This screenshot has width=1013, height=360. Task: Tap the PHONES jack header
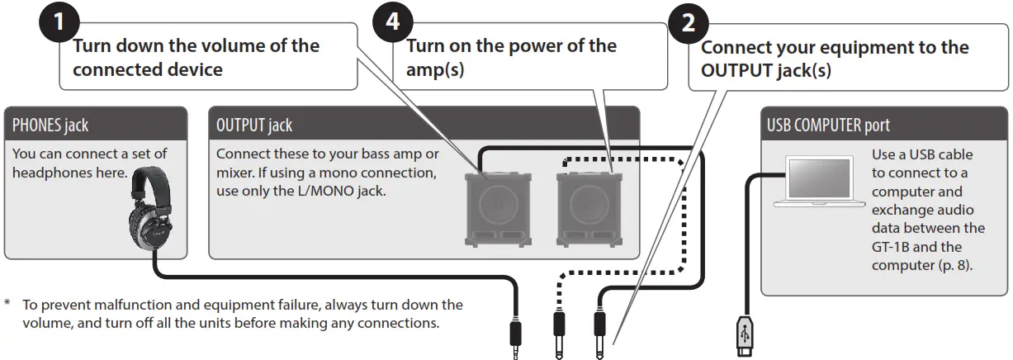tap(50, 126)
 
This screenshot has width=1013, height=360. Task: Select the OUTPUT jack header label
tap(254, 126)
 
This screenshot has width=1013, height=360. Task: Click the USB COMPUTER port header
tap(828, 126)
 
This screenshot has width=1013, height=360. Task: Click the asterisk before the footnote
tap(8, 305)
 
